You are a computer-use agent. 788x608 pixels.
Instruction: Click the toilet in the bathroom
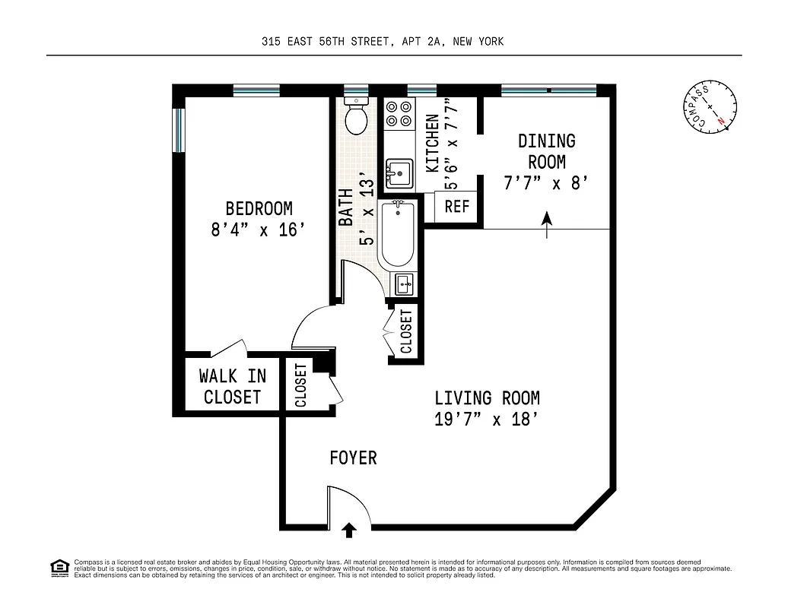click(x=356, y=116)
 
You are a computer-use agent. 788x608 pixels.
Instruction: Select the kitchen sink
click(x=398, y=173)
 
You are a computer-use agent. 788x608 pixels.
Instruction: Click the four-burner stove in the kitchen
click(x=399, y=113)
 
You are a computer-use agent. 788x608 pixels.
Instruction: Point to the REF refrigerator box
click(x=457, y=207)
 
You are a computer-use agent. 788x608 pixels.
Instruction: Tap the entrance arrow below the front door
click(x=349, y=530)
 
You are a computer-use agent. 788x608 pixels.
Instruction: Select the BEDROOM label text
click(x=259, y=208)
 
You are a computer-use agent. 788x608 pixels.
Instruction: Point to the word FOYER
click(x=353, y=458)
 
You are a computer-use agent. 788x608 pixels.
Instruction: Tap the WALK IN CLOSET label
click(x=232, y=386)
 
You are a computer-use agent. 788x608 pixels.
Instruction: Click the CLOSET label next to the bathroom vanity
click(x=405, y=332)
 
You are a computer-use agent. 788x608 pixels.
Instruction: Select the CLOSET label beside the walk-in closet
click(x=300, y=385)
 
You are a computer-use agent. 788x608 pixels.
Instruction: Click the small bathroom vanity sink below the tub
click(x=405, y=285)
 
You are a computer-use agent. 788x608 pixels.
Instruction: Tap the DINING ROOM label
click(x=546, y=151)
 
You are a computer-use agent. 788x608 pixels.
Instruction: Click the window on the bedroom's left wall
click(x=179, y=130)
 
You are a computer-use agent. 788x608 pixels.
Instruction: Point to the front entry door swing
click(x=346, y=505)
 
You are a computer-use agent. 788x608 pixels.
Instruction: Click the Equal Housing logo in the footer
click(x=59, y=567)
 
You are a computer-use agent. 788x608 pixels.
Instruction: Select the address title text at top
click(x=382, y=42)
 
